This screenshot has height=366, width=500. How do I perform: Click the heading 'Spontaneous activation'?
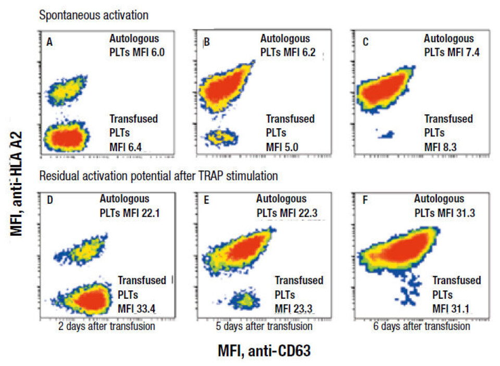[94, 15]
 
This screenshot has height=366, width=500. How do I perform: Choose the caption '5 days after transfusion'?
[264, 326]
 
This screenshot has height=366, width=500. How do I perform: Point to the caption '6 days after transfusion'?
[422, 326]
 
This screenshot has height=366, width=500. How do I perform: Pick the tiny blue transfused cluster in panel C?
[385, 135]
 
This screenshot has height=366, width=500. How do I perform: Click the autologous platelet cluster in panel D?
[76, 252]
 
